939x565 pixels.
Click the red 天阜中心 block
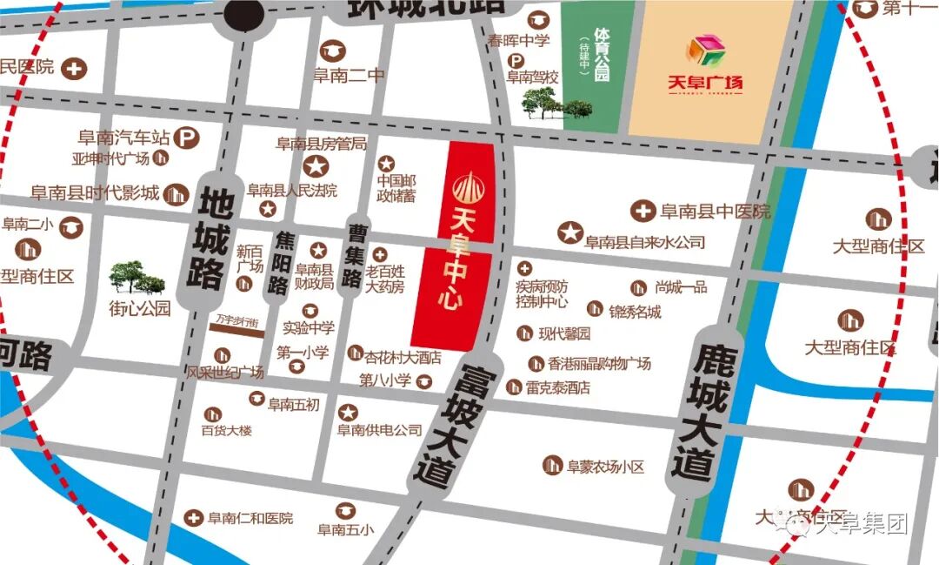tap(457, 244)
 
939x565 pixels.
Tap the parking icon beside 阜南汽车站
tap(184, 137)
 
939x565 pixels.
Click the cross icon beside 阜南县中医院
tap(643, 211)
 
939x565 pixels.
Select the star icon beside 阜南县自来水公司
tap(569, 232)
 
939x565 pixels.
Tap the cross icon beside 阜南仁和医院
tap(193, 518)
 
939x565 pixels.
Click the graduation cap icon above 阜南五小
tap(346, 509)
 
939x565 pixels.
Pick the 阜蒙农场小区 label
tap(605, 467)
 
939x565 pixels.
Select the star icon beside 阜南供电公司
tap(348, 412)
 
